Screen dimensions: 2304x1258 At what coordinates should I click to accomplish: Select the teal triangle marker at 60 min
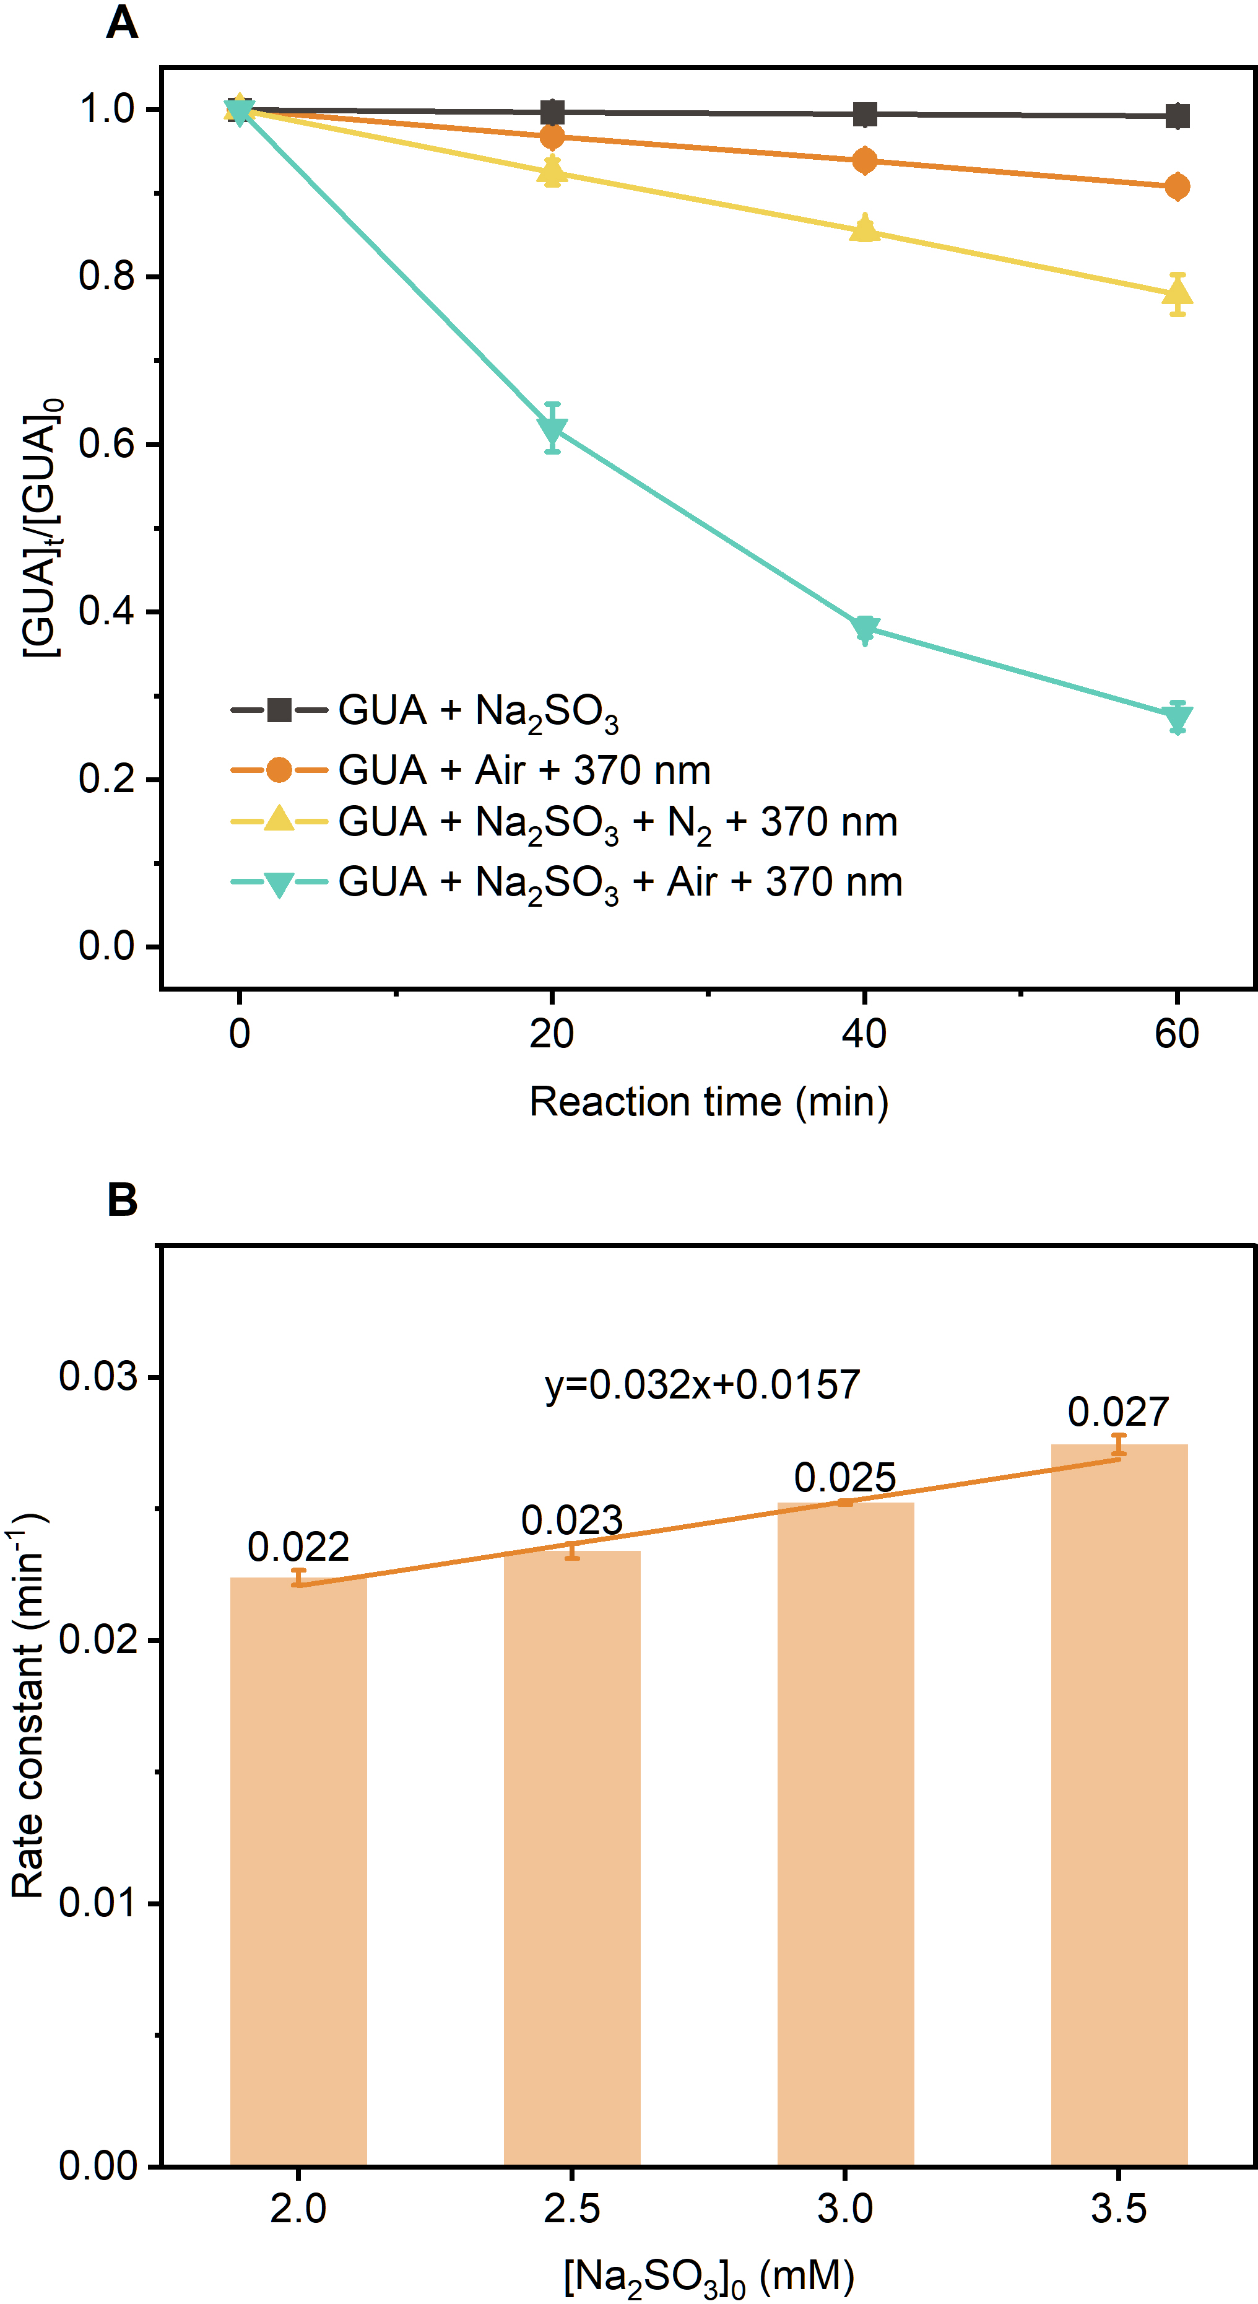coord(1178,717)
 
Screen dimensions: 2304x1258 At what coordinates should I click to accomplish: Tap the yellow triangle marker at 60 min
coord(1178,292)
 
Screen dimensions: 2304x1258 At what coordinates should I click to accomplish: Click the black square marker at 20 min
coord(553,113)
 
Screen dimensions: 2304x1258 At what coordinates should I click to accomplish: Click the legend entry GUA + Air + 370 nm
coord(523,770)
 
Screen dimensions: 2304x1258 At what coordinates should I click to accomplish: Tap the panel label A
coord(123,22)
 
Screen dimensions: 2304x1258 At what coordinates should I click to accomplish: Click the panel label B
coord(123,1200)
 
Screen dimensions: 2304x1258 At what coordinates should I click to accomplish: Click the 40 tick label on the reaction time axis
coord(864,1034)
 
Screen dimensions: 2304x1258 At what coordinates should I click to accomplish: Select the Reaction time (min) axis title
coord(708,1102)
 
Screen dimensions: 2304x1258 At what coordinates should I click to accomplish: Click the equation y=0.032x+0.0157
coord(702,1384)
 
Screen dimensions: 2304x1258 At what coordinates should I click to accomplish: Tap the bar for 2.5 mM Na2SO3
coord(572,1861)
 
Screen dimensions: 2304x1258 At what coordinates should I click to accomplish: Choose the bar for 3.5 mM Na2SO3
coord(1119,1807)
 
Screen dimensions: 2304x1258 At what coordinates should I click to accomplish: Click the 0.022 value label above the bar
coord(298,1547)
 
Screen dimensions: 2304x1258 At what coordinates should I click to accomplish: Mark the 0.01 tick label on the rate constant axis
coord(98,1903)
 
